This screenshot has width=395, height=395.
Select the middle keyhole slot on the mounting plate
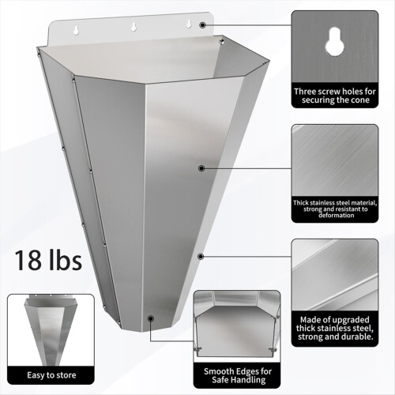132,24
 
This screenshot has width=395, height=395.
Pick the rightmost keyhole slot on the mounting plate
188,25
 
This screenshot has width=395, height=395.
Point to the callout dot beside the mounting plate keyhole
202,25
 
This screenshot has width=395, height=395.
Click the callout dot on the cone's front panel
201,167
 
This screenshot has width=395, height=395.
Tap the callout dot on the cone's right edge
202,256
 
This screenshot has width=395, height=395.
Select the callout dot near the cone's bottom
149,318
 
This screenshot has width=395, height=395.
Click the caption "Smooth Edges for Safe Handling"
238,374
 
